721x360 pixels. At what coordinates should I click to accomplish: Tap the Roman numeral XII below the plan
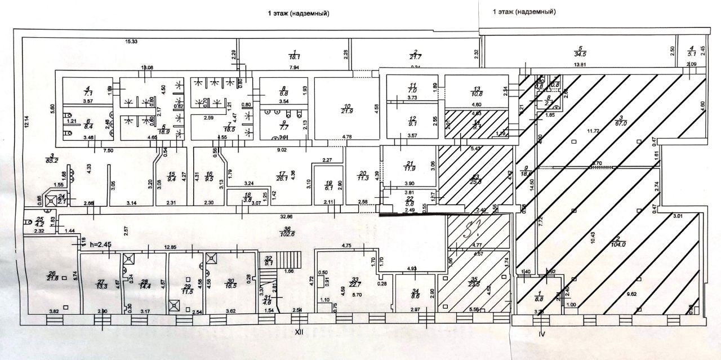pos(300,332)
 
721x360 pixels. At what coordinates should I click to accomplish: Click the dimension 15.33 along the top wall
pos(131,42)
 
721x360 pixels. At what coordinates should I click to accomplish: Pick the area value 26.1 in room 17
pos(282,179)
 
